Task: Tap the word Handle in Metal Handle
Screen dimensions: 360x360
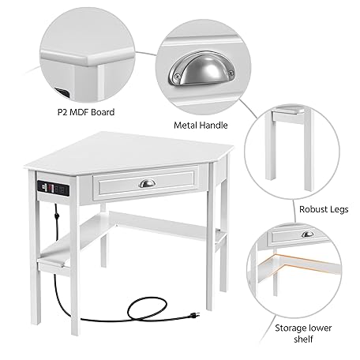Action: (213, 124)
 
